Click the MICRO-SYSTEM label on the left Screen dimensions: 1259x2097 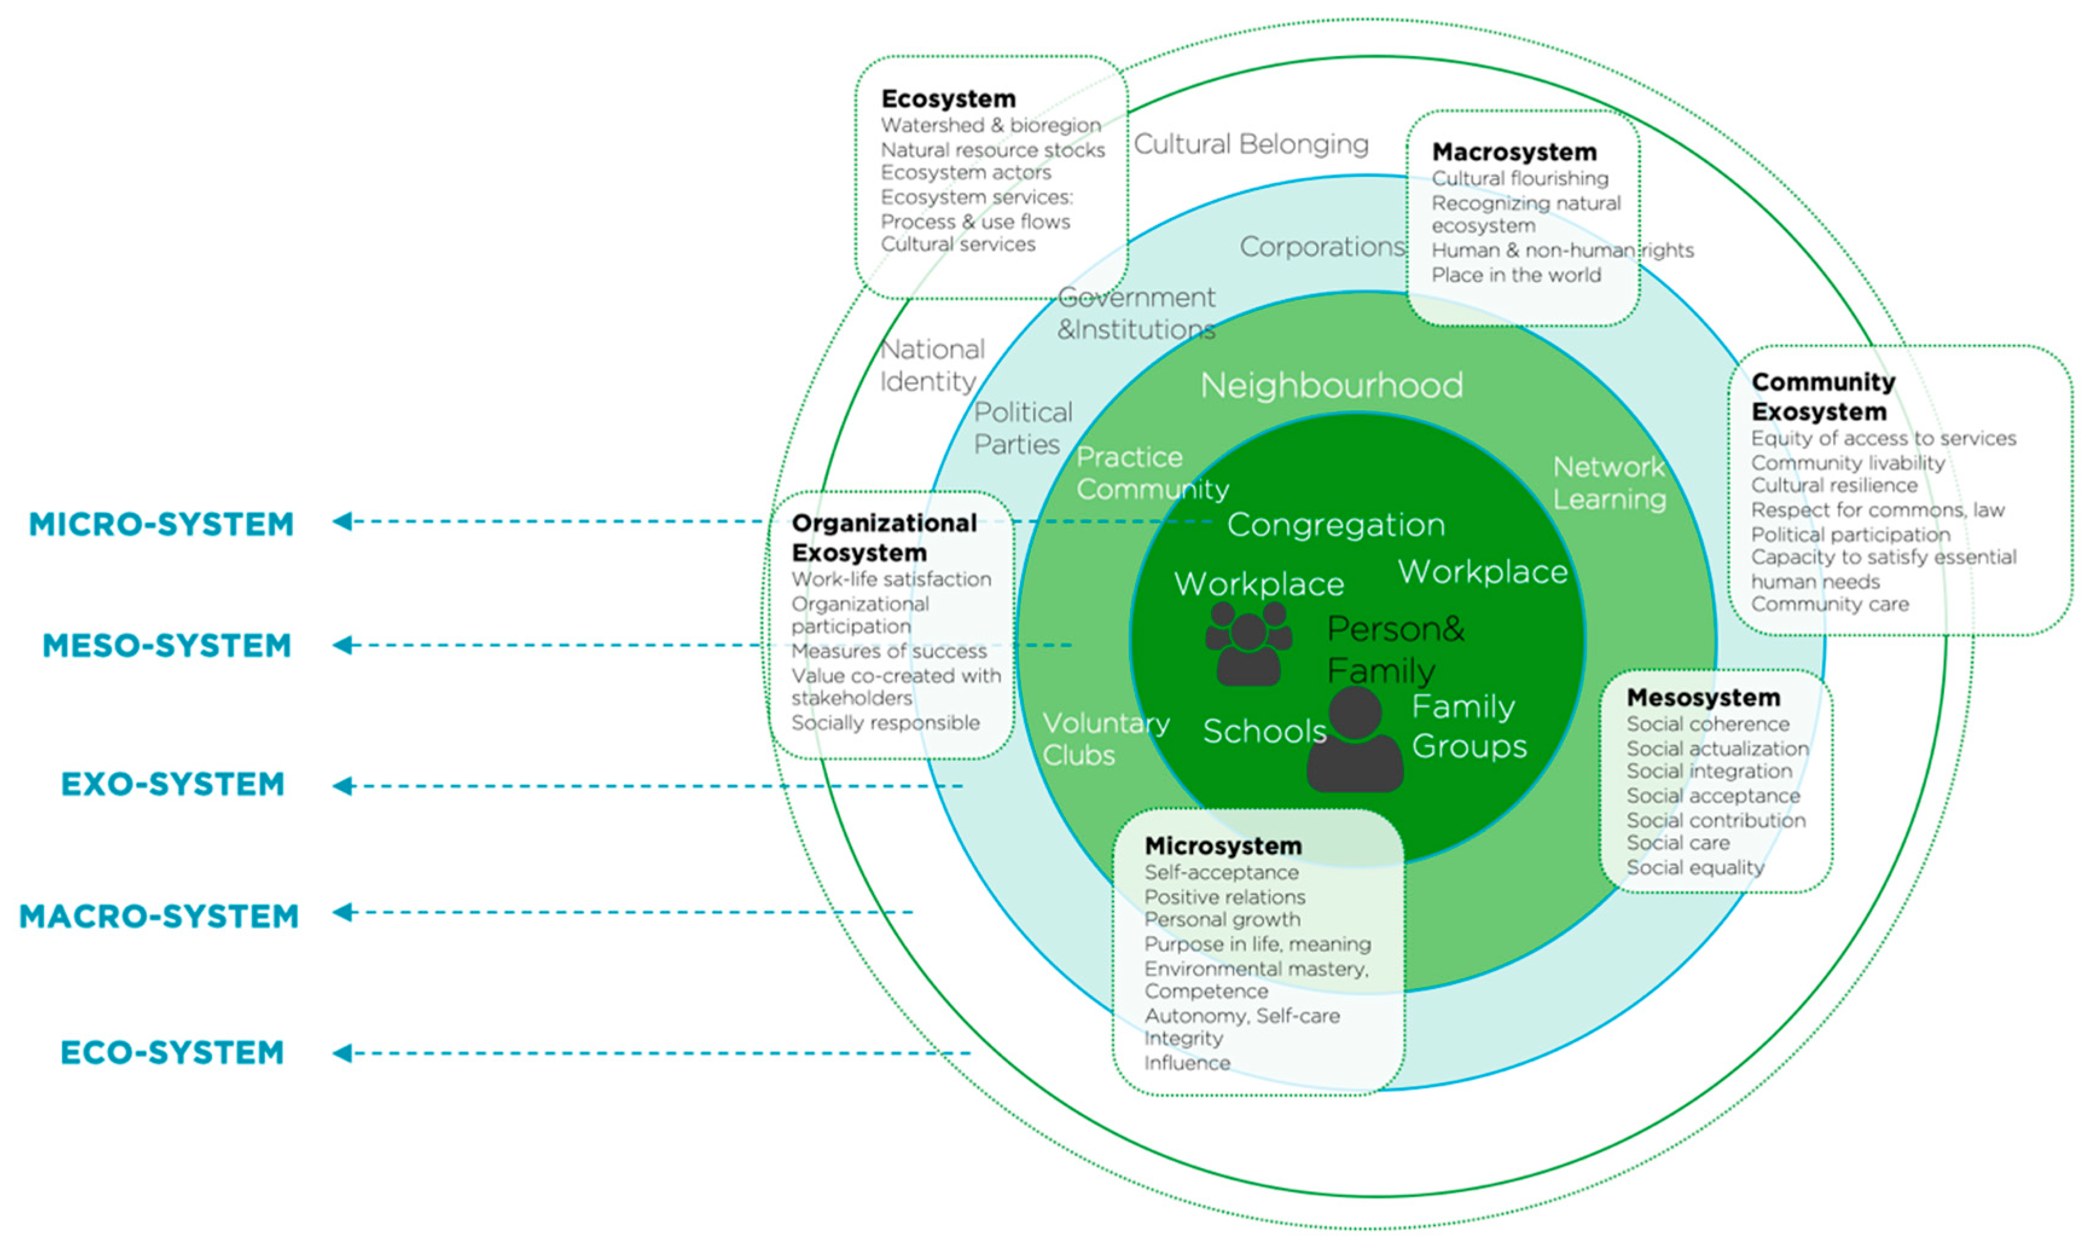pyautogui.click(x=161, y=524)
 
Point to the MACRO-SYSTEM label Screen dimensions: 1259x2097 pyautogui.click(x=159, y=916)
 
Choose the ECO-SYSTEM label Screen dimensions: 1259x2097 pyautogui.click(x=172, y=1053)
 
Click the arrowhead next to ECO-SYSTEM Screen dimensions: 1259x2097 pyautogui.click(x=342, y=1053)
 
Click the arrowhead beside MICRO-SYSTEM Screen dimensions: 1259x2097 pyautogui.click(x=342, y=521)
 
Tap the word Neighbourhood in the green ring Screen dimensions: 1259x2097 pyautogui.click(x=1331, y=386)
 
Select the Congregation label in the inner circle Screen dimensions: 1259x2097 pyautogui.click(x=1335, y=525)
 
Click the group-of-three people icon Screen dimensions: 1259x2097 pyautogui.click(x=1248, y=643)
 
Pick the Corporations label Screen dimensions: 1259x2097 pyautogui.click(x=1321, y=247)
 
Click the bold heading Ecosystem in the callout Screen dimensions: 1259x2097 pyautogui.click(x=948, y=99)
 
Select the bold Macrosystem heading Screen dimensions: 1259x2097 pyautogui.click(x=1514, y=153)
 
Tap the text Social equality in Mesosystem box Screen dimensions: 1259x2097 pyautogui.click(x=1695, y=868)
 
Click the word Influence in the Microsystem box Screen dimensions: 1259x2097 pyautogui.click(x=1187, y=1063)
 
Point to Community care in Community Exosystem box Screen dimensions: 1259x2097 pyautogui.click(x=1830, y=604)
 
